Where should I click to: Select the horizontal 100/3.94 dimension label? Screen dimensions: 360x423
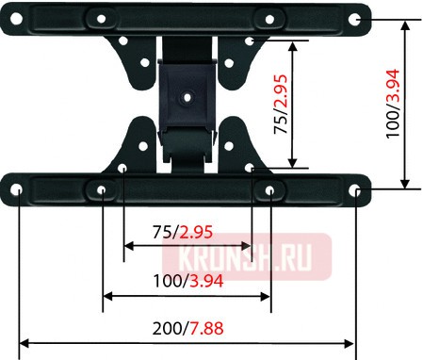186,280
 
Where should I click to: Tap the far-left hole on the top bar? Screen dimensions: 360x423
18,19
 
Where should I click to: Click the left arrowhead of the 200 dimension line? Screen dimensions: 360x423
24,343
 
